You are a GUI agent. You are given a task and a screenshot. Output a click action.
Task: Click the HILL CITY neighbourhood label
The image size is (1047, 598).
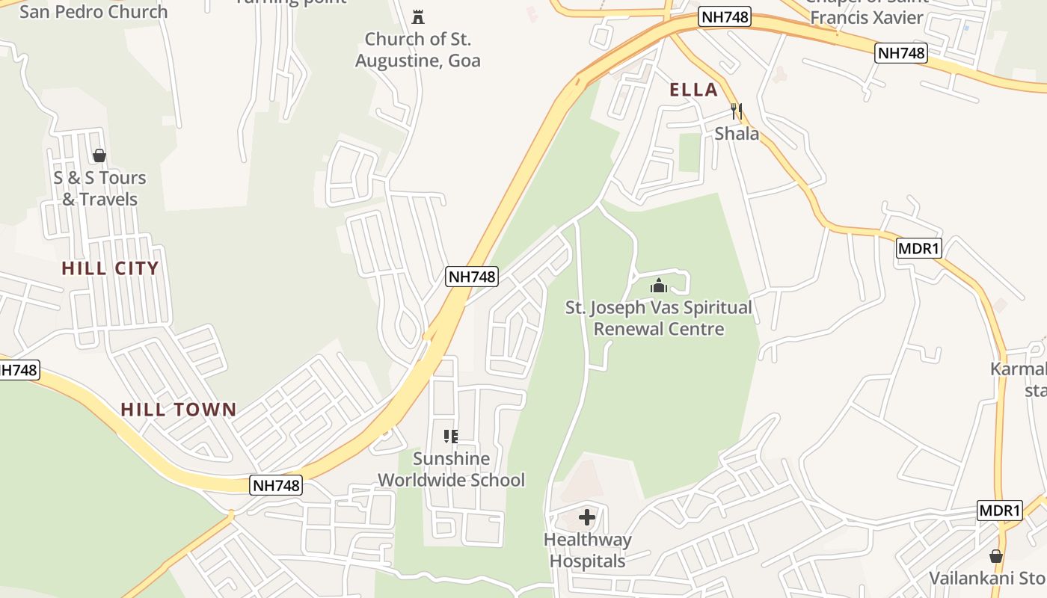coord(110,268)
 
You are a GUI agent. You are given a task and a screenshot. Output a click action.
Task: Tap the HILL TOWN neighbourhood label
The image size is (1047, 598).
coord(179,410)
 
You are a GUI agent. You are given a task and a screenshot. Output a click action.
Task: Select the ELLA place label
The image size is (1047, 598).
coord(693,90)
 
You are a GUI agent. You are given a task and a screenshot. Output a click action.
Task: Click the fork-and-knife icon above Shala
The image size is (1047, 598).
coord(737,112)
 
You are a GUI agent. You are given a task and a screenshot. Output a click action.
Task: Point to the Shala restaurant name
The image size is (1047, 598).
coord(737,134)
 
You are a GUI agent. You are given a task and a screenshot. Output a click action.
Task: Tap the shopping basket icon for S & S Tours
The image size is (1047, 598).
coord(99,155)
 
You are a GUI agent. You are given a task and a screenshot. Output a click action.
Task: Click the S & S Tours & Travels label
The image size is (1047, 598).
coord(99,188)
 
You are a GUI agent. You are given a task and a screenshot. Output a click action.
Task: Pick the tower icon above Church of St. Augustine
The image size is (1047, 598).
coord(417,16)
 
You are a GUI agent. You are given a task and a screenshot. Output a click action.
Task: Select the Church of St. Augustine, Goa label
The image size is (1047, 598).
coord(417,49)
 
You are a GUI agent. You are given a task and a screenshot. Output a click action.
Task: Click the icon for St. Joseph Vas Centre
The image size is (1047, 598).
coord(658,286)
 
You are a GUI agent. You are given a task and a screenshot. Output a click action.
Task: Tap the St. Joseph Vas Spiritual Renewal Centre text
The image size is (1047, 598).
coord(658,318)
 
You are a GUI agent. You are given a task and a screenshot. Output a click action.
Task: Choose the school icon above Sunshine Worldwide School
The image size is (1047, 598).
coord(450,437)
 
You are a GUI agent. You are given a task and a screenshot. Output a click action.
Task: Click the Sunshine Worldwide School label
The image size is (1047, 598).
coord(451,469)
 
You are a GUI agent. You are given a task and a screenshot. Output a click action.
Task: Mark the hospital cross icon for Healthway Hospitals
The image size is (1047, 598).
coord(587,517)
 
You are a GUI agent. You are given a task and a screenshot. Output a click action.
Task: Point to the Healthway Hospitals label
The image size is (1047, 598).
coord(587,550)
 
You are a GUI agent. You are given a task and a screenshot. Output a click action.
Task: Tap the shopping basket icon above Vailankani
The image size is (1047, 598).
coord(995,556)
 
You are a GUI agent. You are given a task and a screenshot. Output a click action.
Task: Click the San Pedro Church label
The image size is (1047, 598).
coord(93,11)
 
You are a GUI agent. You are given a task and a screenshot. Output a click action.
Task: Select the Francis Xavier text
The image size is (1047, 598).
coord(867,17)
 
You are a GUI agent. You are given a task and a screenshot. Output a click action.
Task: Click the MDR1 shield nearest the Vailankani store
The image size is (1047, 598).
coord(999,511)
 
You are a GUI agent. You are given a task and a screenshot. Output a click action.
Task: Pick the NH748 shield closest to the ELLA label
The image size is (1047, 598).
coord(725,17)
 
